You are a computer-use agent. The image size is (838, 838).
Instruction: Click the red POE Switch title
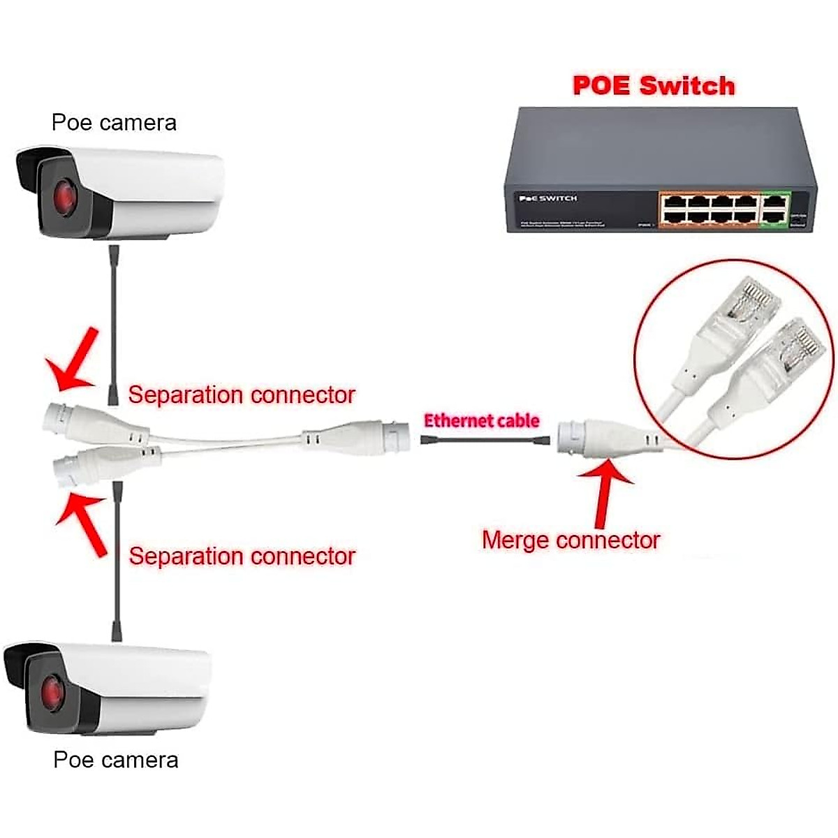point(654,86)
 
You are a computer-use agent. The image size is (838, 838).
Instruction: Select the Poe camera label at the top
point(114,123)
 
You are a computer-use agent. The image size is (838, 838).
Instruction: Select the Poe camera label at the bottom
point(116,760)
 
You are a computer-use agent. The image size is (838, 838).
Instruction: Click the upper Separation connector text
point(242,395)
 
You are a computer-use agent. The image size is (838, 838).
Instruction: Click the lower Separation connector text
point(242,557)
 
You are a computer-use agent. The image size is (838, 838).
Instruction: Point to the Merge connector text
point(571,540)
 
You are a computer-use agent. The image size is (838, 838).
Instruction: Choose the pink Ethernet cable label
point(482,420)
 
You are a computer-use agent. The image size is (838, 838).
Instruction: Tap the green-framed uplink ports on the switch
point(774,209)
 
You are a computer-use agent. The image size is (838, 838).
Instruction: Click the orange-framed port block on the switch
point(710,209)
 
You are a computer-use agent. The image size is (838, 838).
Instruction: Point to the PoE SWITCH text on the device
point(547,199)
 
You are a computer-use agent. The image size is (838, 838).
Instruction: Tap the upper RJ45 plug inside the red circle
point(747,307)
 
